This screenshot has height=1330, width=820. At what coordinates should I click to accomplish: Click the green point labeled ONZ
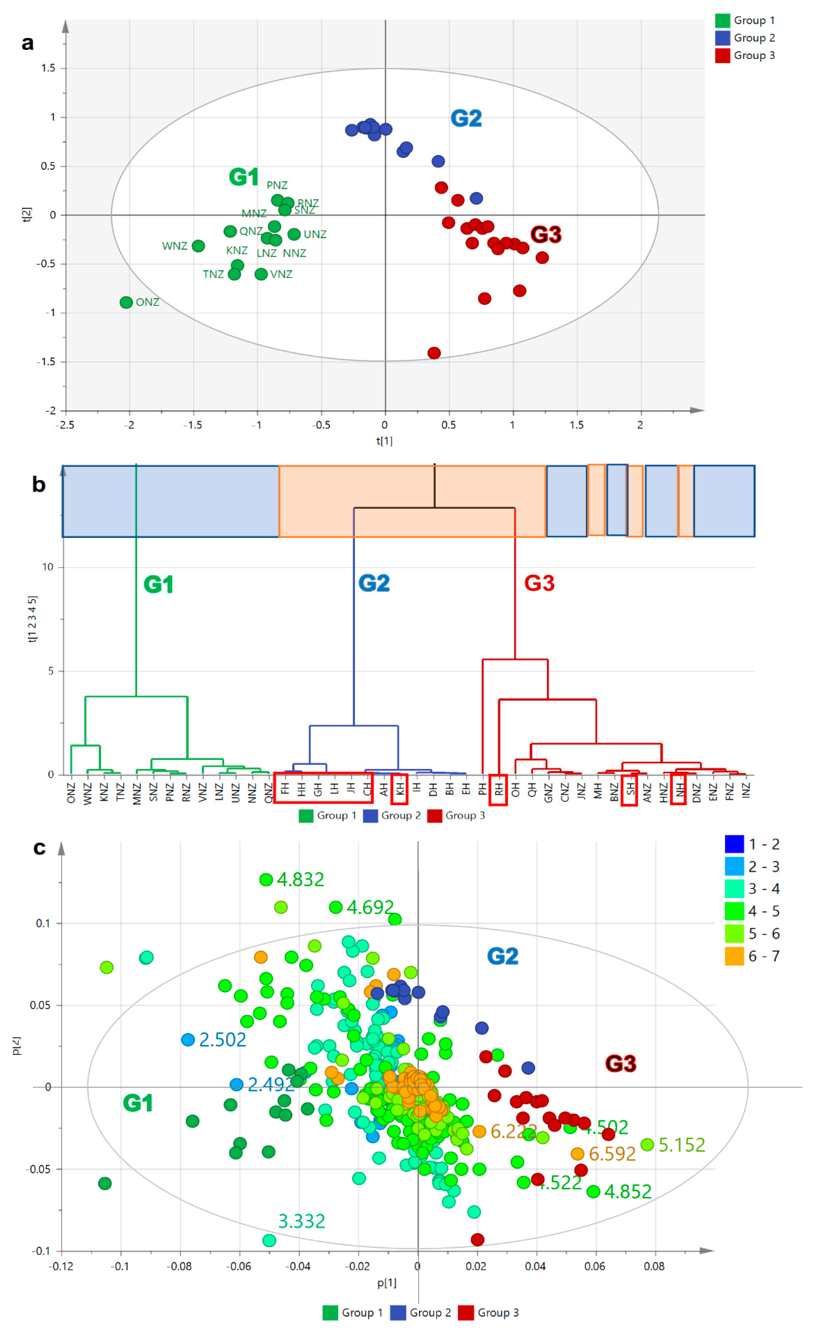126,302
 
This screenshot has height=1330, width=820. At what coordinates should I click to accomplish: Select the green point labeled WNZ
198,246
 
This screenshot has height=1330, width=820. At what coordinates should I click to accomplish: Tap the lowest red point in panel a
434,353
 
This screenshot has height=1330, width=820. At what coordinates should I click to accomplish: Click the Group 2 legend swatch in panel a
722,38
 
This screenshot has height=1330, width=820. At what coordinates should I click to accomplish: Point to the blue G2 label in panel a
466,118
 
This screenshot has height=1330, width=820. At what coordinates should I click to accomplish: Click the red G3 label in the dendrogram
539,583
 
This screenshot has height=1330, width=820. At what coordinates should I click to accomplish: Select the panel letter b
39,484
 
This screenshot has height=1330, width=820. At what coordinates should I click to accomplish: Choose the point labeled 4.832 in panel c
266,879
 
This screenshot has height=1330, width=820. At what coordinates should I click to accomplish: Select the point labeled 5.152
647,1144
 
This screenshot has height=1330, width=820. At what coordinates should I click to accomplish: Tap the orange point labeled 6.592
578,1154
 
